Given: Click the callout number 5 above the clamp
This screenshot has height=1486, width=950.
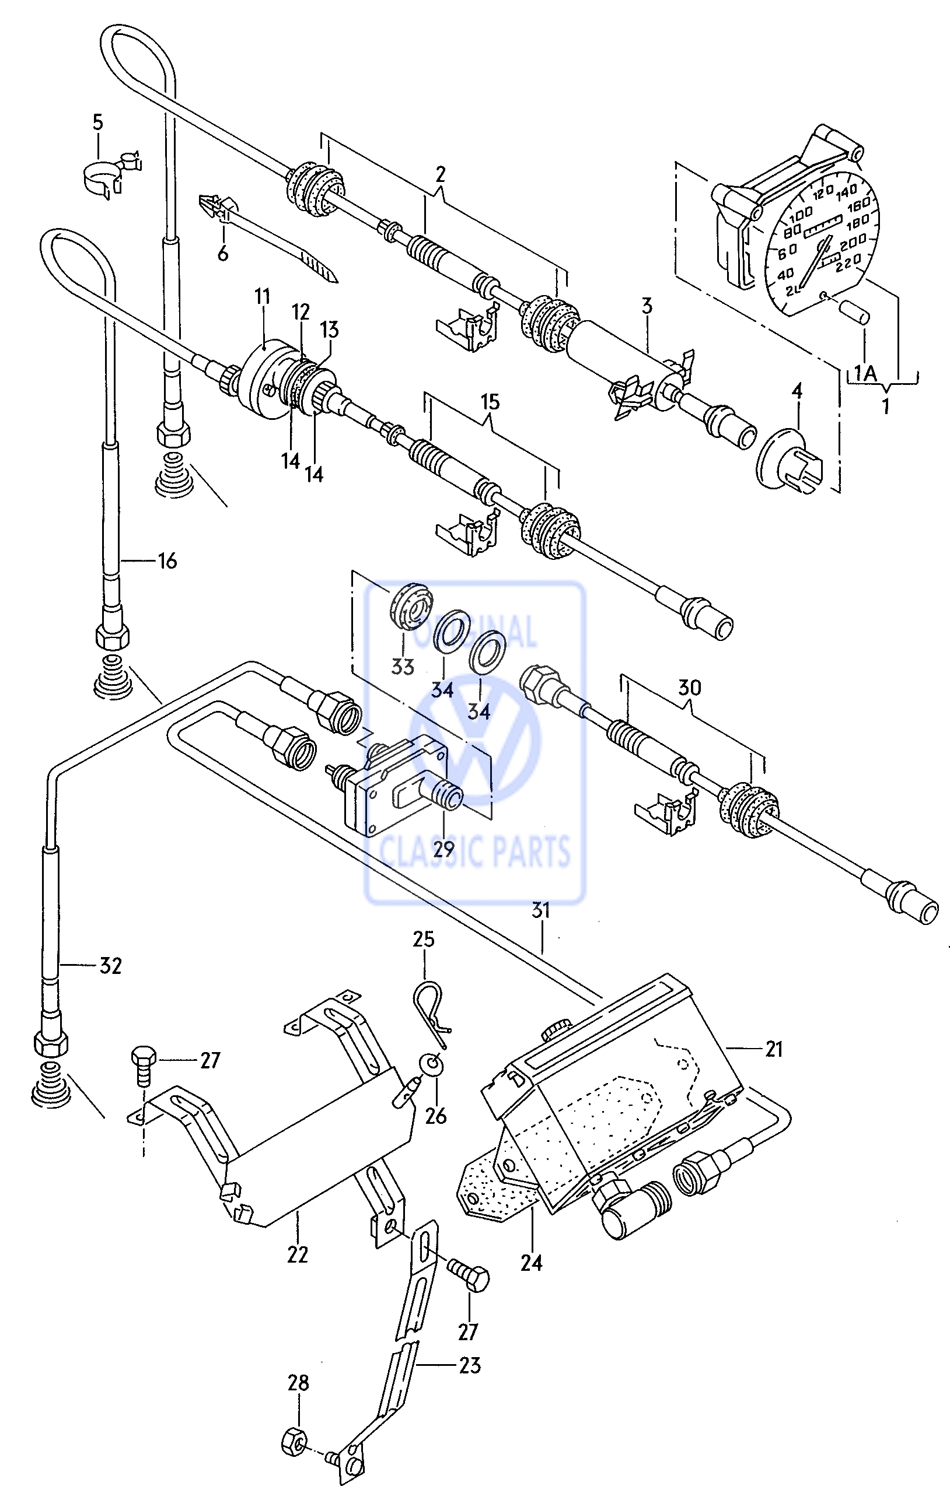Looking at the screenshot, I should [x=99, y=122].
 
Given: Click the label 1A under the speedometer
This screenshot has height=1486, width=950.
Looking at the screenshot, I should [x=865, y=373].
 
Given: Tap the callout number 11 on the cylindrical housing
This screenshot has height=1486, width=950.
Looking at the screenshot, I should [x=263, y=297].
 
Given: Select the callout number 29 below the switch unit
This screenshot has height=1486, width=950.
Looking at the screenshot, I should [x=443, y=850].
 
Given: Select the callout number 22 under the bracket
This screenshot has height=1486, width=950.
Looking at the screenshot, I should [x=297, y=1254].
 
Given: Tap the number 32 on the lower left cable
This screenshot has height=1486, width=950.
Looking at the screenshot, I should [x=110, y=966].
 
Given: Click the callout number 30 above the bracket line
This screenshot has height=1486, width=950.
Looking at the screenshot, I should [x=690, y=688].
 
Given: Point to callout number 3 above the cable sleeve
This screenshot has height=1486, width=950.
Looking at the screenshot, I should [x=647, y=306].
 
